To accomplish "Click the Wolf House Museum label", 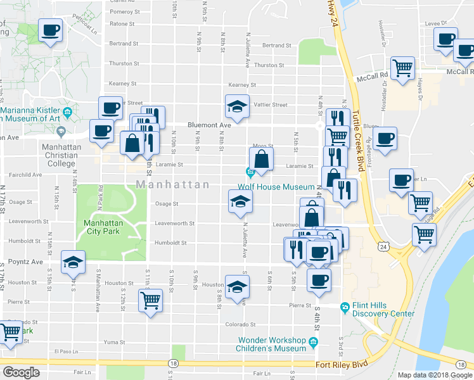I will (276, 187).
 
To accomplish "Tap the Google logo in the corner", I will (20, 372).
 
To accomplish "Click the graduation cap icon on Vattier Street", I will (238, 106).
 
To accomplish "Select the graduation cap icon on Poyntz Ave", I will (73, 261).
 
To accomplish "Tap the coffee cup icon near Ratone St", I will (50, 29).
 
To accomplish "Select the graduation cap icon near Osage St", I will (240, 202).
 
